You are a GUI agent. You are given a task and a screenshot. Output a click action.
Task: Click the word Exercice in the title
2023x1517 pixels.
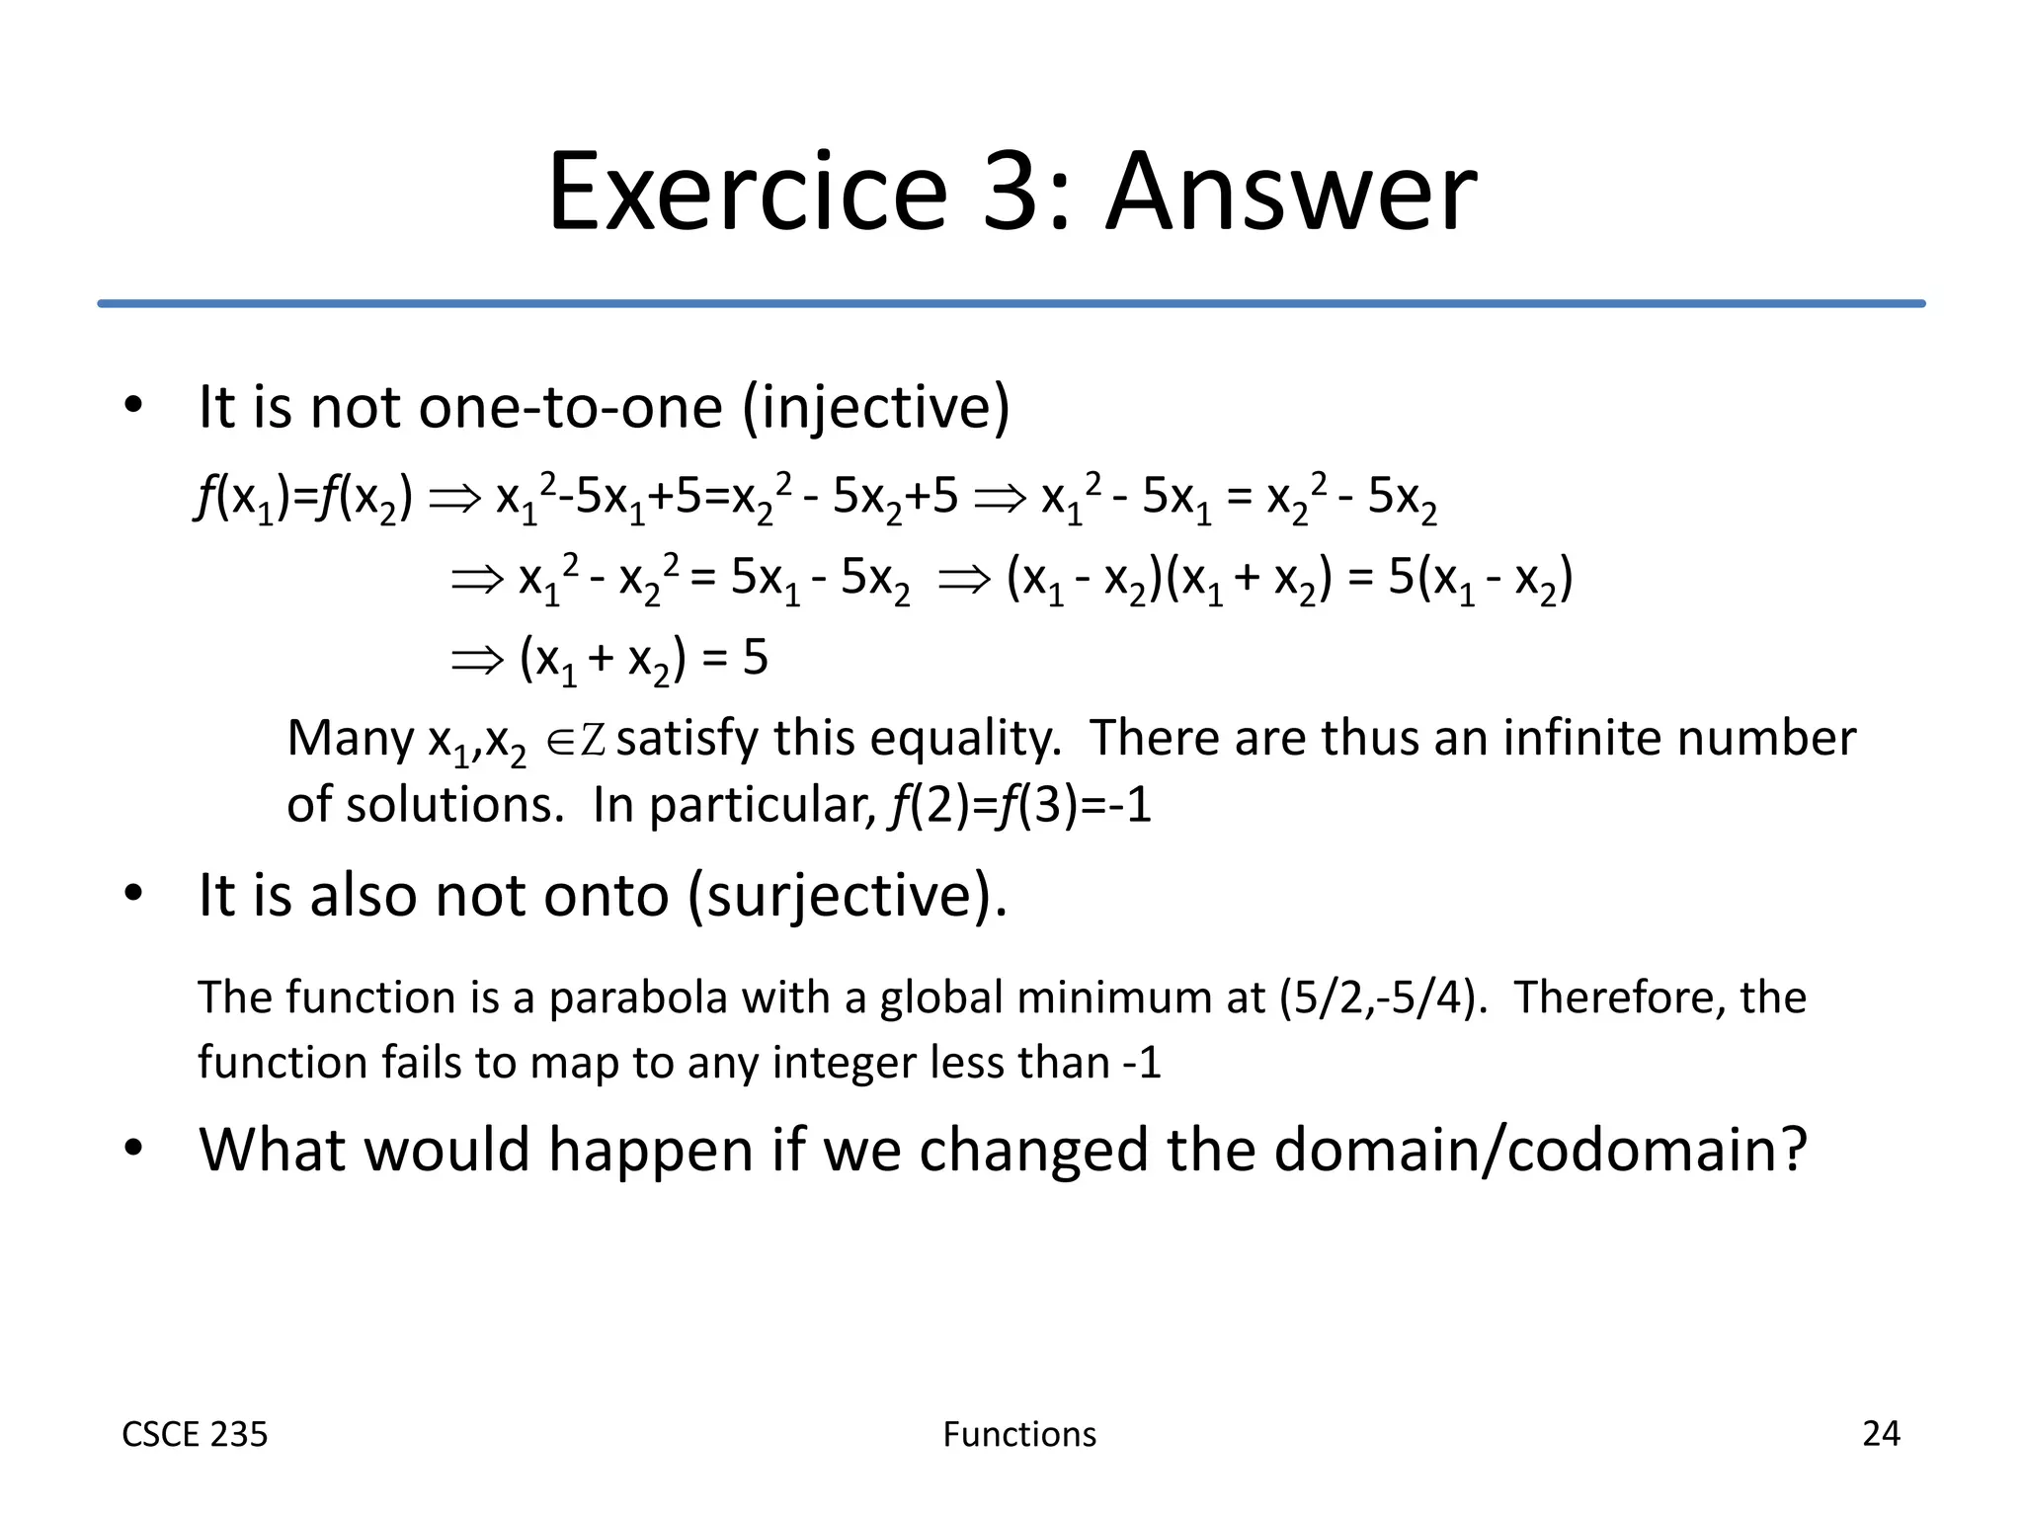(x=748, y=193)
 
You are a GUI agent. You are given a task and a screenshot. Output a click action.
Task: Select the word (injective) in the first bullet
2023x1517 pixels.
(x=875, y=408)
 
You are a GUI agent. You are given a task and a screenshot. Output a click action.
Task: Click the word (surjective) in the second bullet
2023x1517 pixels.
(x=847, y=896)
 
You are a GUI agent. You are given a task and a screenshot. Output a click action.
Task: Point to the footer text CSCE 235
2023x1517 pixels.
(x=195, y=1434)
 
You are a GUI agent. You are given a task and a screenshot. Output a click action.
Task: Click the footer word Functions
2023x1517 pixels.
(x=1019, y=1434)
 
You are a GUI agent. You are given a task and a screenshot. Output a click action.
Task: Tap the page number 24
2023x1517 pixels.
(x=1881, y=1433)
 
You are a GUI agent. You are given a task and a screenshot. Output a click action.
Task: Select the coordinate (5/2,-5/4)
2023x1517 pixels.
(x=1383, y=998)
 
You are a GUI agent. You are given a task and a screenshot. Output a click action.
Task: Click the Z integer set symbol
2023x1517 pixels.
(x=593, y=740)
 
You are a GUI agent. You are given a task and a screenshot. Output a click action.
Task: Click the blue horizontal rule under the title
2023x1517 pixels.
(x=1011, y=303)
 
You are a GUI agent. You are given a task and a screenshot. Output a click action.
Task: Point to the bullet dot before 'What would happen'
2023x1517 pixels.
(x=133, y=1149)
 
